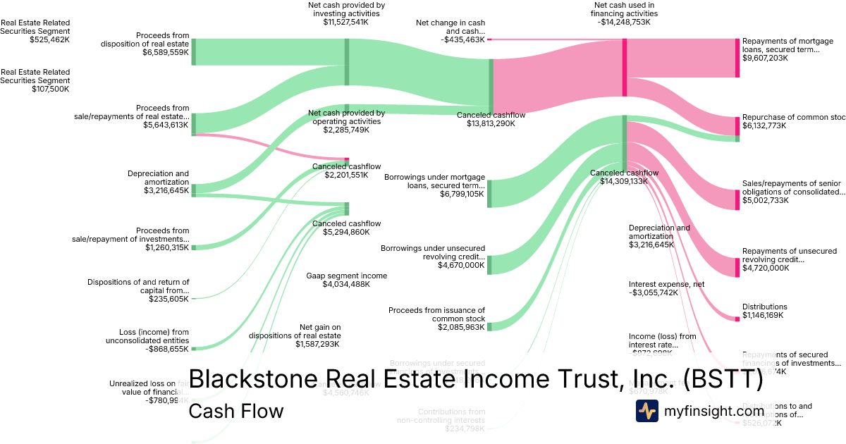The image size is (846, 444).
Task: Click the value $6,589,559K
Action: point(166,52)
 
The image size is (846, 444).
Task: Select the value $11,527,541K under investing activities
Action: point(346,23)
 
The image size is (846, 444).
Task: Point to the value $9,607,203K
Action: point(765,58)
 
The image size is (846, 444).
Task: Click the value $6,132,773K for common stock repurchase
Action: point(765,127)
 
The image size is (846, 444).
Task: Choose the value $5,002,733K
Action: point(765,200)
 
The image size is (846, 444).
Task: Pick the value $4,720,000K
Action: point(765,268)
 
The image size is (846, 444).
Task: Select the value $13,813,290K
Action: point(486,123)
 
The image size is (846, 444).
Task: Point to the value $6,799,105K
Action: point(461,193)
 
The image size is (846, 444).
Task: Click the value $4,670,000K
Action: point(461,265)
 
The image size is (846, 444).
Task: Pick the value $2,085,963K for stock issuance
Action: point(461,327)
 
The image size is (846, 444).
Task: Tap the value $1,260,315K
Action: point(167,247)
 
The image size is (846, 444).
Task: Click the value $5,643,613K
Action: point(166,125)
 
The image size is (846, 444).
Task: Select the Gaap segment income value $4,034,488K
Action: point(346,284)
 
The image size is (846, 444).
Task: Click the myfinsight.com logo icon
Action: point(647,411)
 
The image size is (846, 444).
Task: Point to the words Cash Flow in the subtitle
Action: point(236,411)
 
